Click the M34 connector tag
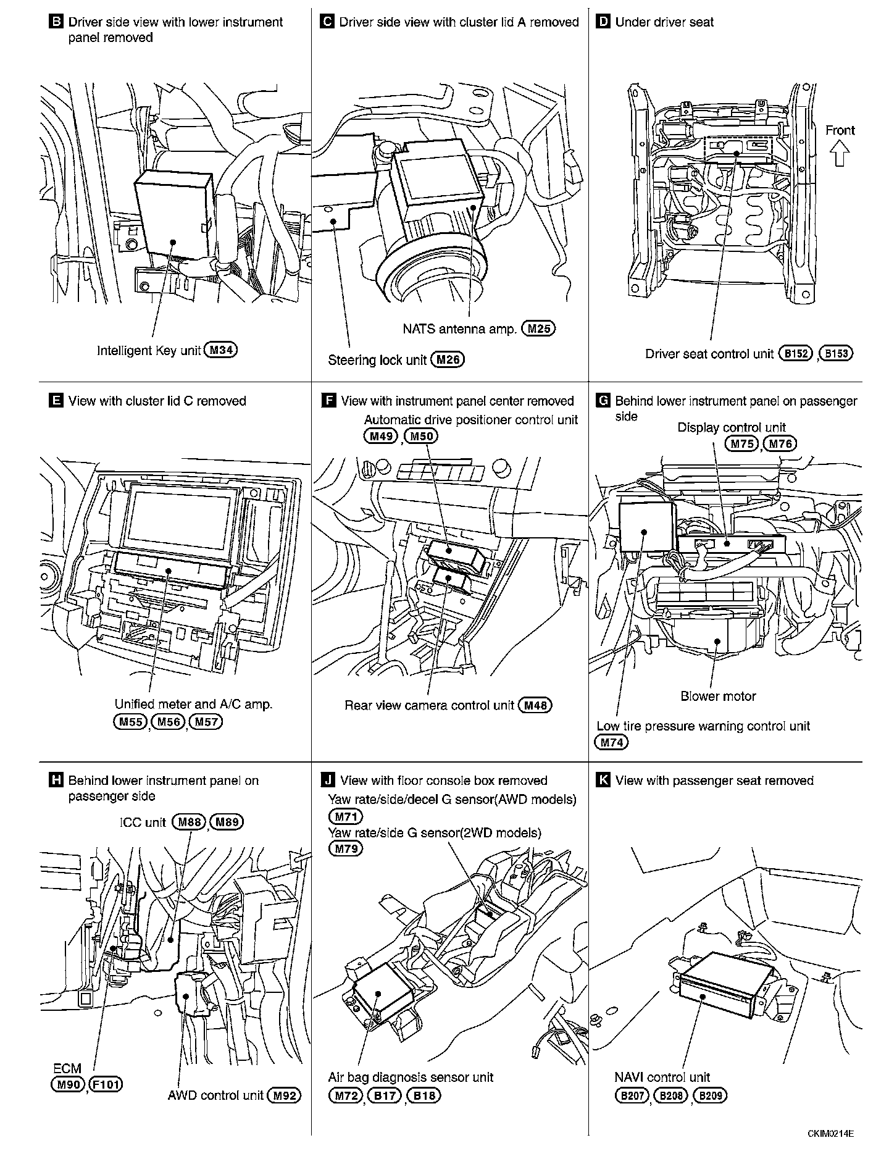pyautogui.click(x=220, y=351)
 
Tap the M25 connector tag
pyautogui.click(x=538, y=329)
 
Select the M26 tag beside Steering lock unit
pyautogui.click(x=447, y=360)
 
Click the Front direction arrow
pyautogui.click(x=840, y=153)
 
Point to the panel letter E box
pyautogui.click(x=55, y=401)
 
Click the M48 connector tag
pyautogui.click(x=535, y=705)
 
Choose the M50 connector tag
pyautogui.click(x=422, y=436)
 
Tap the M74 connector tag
pyautogui.click(x=611, y=742)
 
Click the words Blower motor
pyautogui.click(x=718, y=697)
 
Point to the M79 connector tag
pyautogui.click(x=346, y=848)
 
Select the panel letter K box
pyautogui.click(x=603, y=781)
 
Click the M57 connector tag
pyautogui.click(x=206, y=721)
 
